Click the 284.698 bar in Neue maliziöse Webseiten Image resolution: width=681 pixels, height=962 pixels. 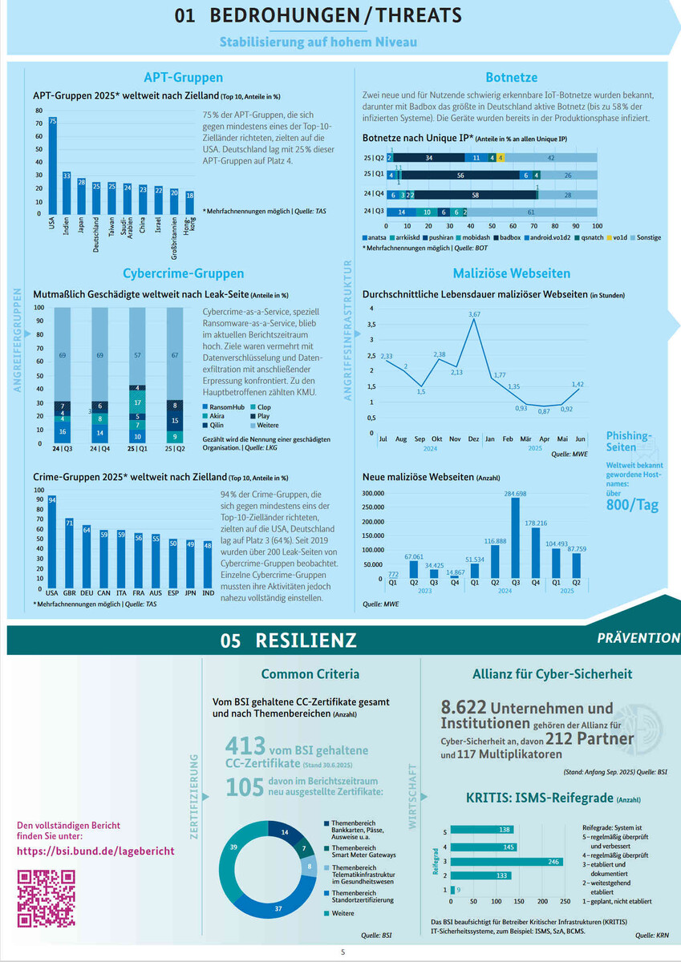516,538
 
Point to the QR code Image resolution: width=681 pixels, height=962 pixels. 47,897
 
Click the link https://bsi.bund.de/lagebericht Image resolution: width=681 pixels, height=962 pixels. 95,850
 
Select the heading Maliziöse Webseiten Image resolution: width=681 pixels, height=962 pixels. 511,273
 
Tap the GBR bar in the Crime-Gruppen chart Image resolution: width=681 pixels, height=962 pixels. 70,553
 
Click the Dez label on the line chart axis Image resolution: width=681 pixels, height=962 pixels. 473,440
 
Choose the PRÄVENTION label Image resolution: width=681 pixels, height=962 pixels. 638,638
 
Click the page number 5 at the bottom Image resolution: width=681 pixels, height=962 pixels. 343,952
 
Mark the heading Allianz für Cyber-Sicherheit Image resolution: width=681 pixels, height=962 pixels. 552,673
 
